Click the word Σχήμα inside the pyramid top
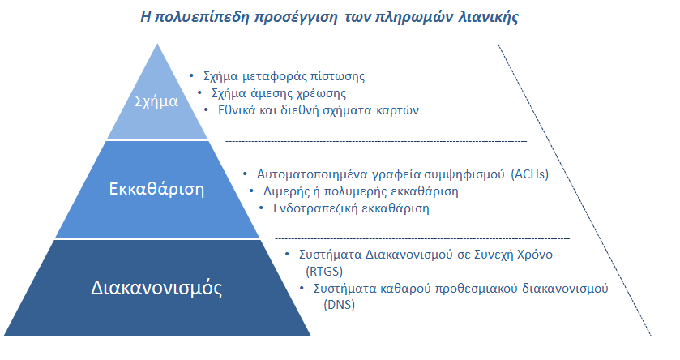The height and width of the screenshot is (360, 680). (156, 101)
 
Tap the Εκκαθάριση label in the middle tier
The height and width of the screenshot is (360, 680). (156, 189)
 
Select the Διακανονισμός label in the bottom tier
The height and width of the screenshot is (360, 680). (156, 288)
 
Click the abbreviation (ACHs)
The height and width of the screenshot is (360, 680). (530, 174)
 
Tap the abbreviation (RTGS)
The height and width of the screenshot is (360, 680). (324, 272)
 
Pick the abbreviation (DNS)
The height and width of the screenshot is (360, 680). (339, 305)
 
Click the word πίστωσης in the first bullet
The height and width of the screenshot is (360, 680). (337, 77)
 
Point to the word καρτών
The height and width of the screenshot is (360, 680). (398, 110)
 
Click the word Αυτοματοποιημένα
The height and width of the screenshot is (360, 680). (313, 174)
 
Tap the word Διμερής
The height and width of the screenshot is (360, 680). (287, 191)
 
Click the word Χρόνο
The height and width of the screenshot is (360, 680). (535, 255)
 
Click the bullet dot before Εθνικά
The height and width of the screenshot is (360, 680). (206, 109)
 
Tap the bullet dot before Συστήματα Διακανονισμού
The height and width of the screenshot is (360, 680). (287, 253)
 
